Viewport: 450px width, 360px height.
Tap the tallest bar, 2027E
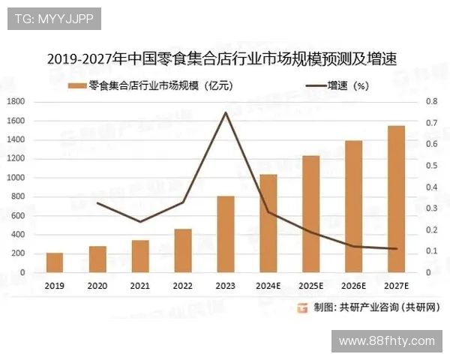click(x=396, y=199)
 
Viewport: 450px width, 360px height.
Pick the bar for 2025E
click(x=310, y=214)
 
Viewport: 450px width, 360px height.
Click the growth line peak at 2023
click(x=225, y=112)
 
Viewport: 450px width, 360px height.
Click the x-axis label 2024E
click(x=268, y=286)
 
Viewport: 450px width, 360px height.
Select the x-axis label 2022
click(x=182, y=286)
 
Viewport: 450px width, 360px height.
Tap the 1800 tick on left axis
click(x=16, y=101)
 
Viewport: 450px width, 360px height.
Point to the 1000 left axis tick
click(x=16, y=178)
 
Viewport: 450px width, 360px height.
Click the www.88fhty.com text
click(x=387, y=340)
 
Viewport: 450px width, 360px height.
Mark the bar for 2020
click(x=97, y=259)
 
